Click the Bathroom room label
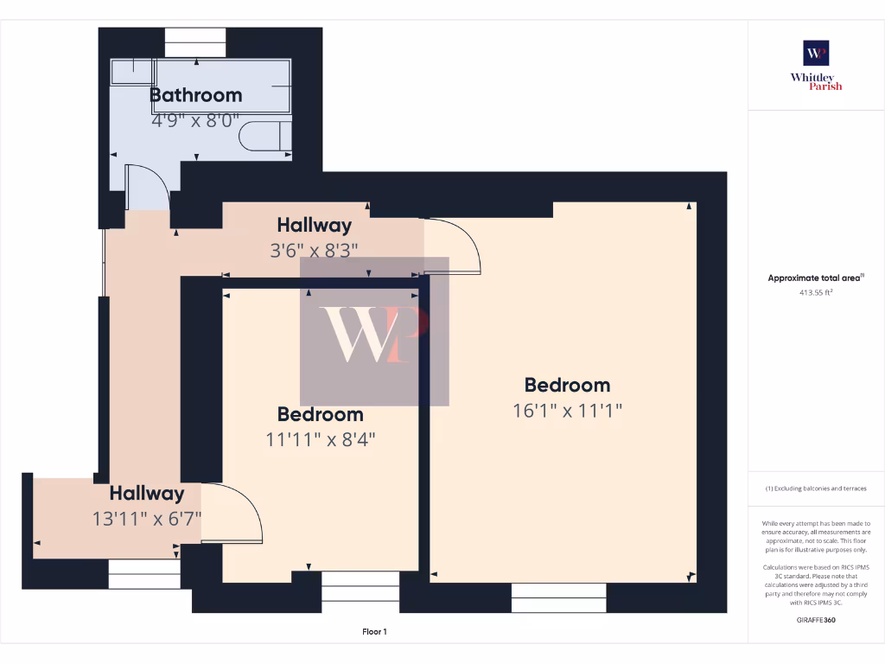195,95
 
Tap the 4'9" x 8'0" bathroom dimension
195,120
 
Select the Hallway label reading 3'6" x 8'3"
314,226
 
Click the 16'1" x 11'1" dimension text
567,411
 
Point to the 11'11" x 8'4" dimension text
320,439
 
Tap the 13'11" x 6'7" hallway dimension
146,519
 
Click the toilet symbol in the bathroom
264,138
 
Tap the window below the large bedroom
558,597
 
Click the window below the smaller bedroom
360,591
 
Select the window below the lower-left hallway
143,573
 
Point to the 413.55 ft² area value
816,292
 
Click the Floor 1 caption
374,632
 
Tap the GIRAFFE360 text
816,620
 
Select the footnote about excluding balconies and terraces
816,488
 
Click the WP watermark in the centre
374,332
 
